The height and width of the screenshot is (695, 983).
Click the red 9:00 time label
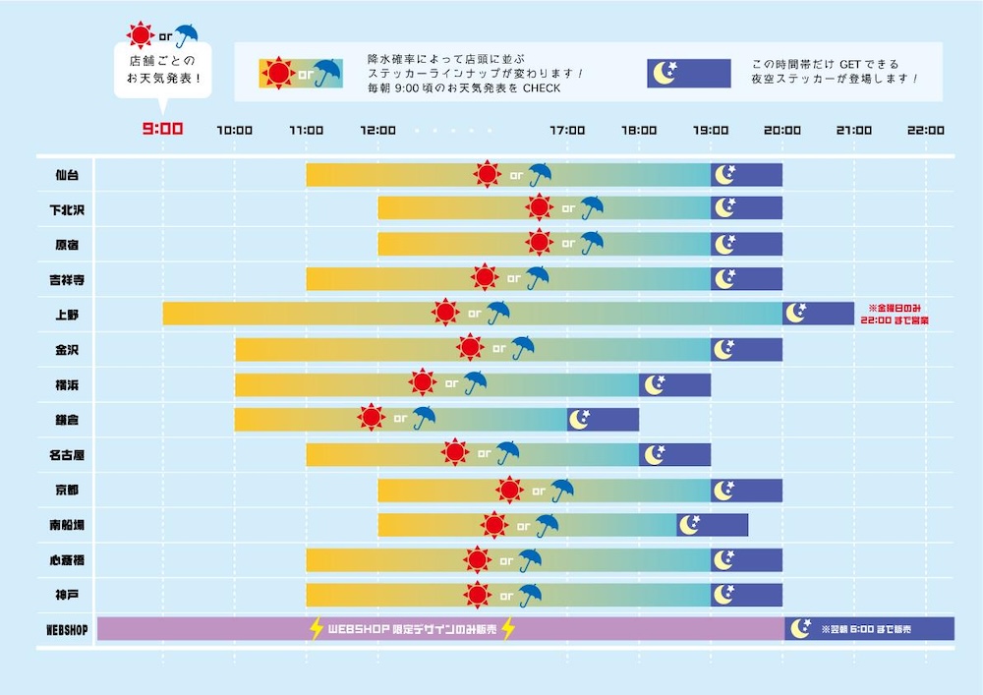pyautogui.click(x=162, y=129)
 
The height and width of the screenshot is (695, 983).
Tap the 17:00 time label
pyautogui.click(x=567, y=130)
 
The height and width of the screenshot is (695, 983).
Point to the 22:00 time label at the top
pyautogui.click(x=926, y=130)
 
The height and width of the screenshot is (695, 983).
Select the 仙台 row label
pyautogui.click(x=68, y=175)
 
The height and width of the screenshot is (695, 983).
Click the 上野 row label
pyautogui.click(x=68, y=315)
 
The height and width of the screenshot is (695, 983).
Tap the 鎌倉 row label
pyautogui.click(x=68, y=420)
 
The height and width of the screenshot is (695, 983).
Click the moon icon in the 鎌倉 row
pyautogui.click(x=580, y=419)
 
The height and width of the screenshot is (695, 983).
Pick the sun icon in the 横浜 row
pyautogui.click(x=423, y=382)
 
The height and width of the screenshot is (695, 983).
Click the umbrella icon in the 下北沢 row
pyautogui.click(x=592, y=208)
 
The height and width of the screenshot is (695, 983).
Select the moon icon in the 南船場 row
pyautogui.click(x=690, y=524)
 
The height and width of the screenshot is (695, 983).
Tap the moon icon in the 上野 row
pyautogui.click(x=795, y=313)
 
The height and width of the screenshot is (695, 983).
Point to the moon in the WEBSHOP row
pyautogui.click(x=800, y=628)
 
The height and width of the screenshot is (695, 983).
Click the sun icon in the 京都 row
pyautogui.click(x=509, y=490)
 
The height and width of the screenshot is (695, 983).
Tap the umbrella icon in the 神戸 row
pyautogui.click(x=531, y=595)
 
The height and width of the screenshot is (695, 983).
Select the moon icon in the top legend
pyautogui.click(x=665, y=74)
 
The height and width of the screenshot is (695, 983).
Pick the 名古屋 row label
pyautogui.click(x=68, y=455)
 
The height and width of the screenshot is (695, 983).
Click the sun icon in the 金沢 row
pyautogui.click(x=470, y=347)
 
